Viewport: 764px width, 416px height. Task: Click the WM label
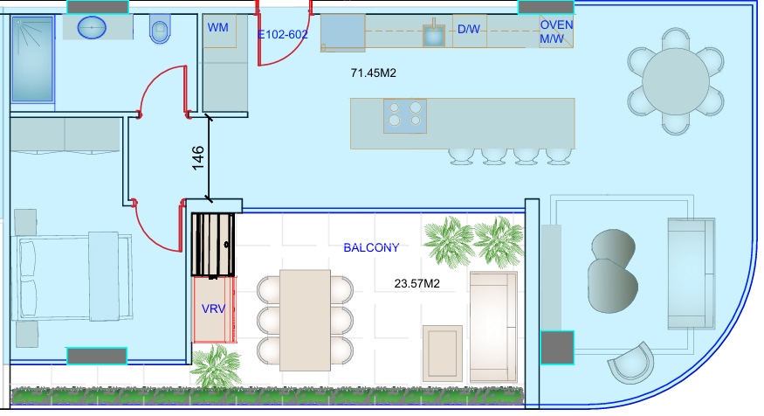pos(217,28)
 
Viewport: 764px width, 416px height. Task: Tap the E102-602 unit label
pos(283,35)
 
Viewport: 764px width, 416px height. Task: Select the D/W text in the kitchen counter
pos(469,29)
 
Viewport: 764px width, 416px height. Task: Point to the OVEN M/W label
pos(556,31)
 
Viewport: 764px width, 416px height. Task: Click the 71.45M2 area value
pos(373,73)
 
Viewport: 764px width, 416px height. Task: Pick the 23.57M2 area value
pos(417,284)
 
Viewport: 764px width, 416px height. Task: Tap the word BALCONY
pos(371,247)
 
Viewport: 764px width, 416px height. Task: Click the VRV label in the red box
pos(213,309)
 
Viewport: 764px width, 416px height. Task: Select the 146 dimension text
pos(198,158)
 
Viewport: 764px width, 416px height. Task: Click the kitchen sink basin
pos(434,36)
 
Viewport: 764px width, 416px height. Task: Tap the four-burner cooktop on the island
pos(405,116)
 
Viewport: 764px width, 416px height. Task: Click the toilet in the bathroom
pos(159,29)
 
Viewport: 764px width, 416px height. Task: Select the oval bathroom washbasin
pos(92,27)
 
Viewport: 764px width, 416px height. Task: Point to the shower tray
pos(32,59)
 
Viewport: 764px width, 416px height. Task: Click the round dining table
pos(675,82)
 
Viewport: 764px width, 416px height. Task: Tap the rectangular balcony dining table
pos(305,321)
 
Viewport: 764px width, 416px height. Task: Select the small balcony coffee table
pos(443,353)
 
